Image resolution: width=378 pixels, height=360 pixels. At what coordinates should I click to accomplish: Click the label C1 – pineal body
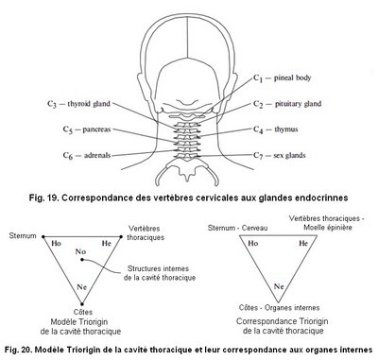pyautogui.click(x=283, y=78)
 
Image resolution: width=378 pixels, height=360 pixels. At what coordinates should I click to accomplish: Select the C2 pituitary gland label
pyautogui.click(x=287, y=104)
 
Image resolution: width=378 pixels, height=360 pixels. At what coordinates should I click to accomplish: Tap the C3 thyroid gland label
pyautogui.click(x=78, y=104)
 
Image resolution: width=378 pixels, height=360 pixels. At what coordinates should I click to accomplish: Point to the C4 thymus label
pyautogui.click(x=276, y=129)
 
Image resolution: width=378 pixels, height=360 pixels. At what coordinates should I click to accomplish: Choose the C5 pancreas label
pyautogui.click(x=87, y=129)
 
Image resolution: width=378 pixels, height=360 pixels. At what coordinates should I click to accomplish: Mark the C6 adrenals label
pyautogui.click(x=87, y=155)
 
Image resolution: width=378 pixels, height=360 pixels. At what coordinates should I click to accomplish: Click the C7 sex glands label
pyautogui.click(x=280, y=155)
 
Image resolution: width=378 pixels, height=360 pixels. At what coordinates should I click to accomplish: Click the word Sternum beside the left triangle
pyautogui.click(x=23, y=236)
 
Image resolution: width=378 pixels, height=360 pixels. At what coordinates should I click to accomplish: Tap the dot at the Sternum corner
pyautogui.click(x=43, y=236)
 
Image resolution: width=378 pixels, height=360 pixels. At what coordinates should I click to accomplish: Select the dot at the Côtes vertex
pyautogui.click(x=82, y=304)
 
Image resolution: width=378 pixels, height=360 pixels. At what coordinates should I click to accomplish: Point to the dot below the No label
pyautogui.click(x=82, y=260)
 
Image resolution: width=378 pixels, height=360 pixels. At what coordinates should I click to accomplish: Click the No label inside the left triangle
pyautogui.click(x=80, y=251)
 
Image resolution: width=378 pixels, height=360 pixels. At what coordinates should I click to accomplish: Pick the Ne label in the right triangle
pyautogui.click(x=279, y=286)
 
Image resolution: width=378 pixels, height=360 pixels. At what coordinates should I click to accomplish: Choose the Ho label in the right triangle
pyautogui.click(x=253, y=243)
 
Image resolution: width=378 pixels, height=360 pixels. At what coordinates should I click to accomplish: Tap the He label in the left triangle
pyautogui.click(x=107, y=243)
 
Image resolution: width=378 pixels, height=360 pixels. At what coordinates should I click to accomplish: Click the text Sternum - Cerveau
pyautogui.click(x=238, y=228)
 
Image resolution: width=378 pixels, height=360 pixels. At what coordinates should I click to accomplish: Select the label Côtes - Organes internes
pyautogui.click(x=279, y=308)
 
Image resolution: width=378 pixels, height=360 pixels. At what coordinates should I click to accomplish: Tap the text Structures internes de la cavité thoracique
pyautogui.click(x=160, y=273)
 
